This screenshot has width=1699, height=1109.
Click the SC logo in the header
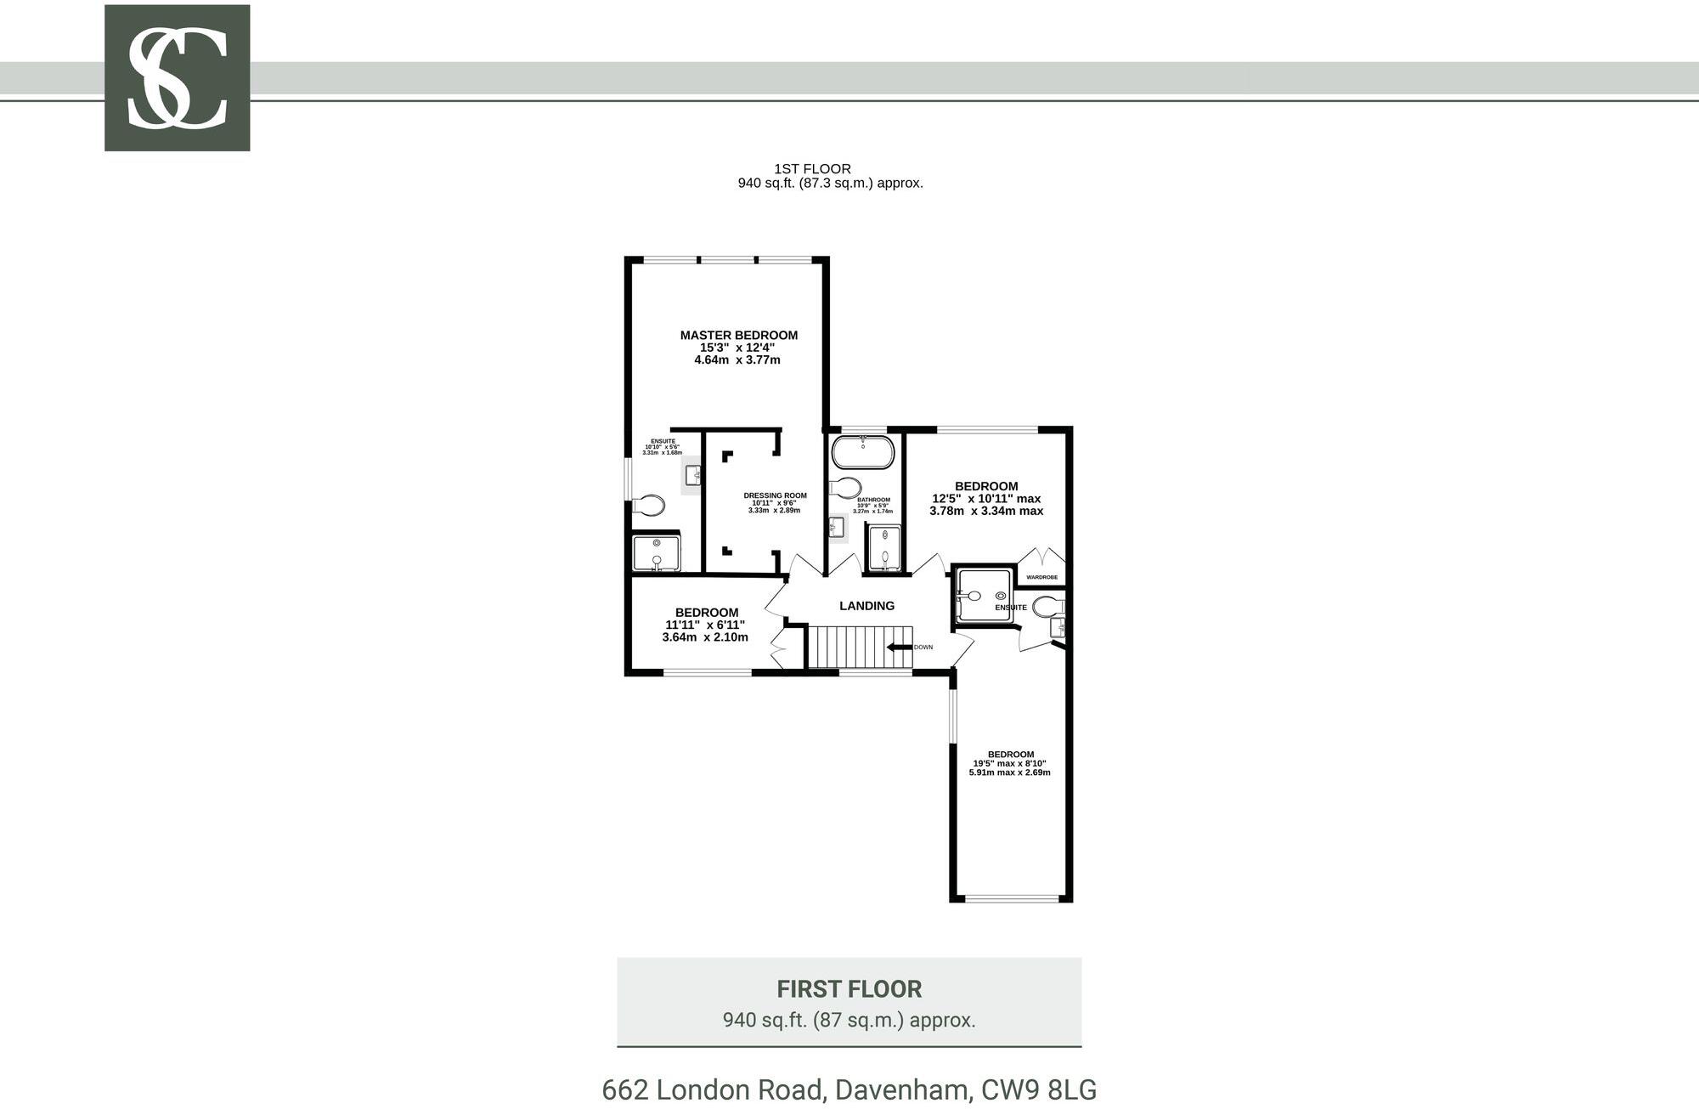(x=177, y=78)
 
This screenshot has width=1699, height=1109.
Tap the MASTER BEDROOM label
(x=738, y=336)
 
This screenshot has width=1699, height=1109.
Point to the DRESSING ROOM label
(x=775, y=495)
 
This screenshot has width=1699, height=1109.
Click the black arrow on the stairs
(x=899, y=648)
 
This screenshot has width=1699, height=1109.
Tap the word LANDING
(x=866, y=606)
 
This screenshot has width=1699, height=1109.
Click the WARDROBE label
(x=1041, y=578)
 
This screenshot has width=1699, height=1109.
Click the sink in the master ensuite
(x=693, y=476)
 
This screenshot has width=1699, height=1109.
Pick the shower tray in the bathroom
(x=884, y=547)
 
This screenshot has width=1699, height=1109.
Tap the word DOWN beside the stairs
(x=923, y=648)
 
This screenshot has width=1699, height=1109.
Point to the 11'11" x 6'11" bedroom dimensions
(x=705, y=625)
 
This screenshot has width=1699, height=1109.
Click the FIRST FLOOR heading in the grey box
(x=849, y=989)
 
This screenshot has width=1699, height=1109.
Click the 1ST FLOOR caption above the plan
(x=812, y=169)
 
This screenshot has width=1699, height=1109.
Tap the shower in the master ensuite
(x=657, y=552)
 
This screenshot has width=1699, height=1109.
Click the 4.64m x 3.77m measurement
(x=737, y=360)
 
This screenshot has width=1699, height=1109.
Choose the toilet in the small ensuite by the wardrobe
(x=1047, y=607)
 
